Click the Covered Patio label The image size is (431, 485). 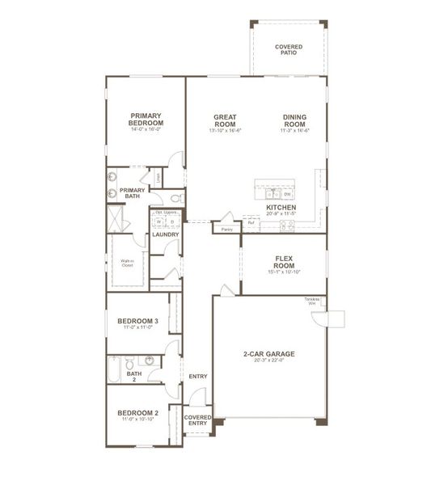coord(289,50)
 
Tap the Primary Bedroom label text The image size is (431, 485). coord(146,120)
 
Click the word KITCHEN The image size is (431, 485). coord(281,208)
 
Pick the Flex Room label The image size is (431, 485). coord(284,262)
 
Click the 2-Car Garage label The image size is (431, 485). coord(268,354)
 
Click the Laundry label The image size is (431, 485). coord(165,234)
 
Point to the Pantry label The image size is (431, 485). coord(226,229)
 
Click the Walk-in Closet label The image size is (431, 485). coord(128,263)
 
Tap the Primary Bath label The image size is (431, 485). coord(132,193)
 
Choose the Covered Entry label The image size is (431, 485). coord(197,420)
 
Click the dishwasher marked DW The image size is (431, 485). coord(288,194)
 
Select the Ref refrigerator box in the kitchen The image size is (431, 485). coord(251,222)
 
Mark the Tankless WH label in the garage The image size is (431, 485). coord(313,302)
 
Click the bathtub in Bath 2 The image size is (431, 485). coord(113,370)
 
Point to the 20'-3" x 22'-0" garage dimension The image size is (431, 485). coord(268,363)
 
